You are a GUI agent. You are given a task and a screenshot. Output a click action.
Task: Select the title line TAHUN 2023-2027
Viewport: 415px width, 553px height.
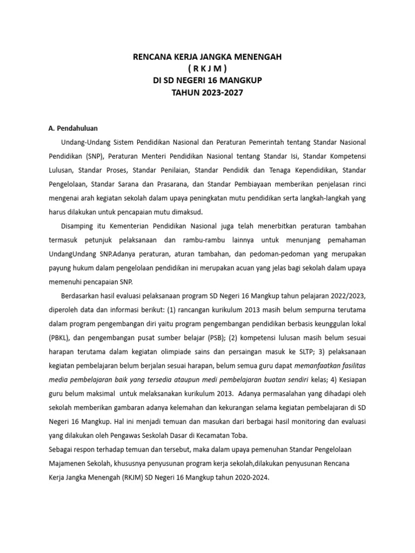tap(207, 92)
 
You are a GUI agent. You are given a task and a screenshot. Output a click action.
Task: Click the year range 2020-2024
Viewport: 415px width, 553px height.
tap(249, 478)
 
